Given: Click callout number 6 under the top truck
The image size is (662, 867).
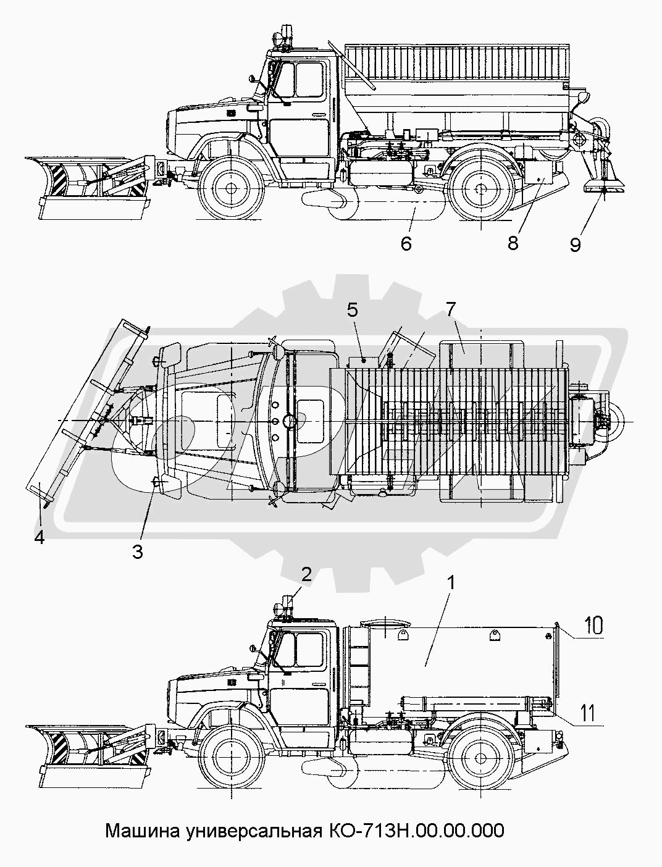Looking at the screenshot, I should pos(406,243).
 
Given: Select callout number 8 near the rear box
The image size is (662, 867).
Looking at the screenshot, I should pos(513,243).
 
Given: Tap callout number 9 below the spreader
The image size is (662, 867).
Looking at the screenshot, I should pos(575,245).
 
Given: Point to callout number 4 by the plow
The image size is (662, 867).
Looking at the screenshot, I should pos(40,538).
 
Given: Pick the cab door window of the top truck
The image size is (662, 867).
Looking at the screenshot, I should pos(309,80).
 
